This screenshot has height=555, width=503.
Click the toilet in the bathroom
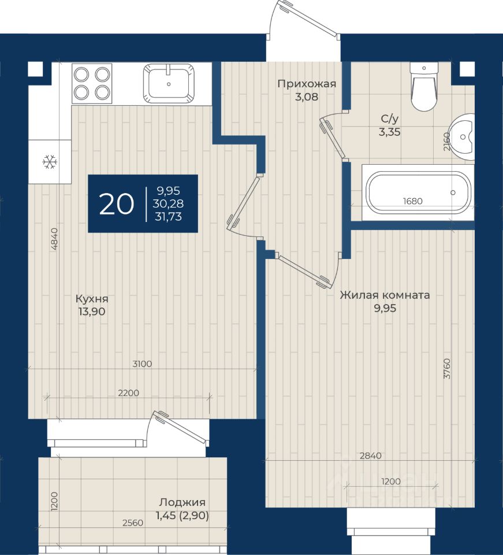424,87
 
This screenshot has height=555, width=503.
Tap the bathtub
418,192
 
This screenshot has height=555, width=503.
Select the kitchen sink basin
169,83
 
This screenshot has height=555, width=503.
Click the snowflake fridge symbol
50,162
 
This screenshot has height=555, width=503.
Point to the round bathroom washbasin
462,136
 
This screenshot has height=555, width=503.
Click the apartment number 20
116,204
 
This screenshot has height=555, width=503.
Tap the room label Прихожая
307,84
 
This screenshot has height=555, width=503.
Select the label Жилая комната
385,295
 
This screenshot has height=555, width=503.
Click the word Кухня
92,299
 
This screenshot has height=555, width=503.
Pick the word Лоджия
182,502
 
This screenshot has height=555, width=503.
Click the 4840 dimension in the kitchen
54,239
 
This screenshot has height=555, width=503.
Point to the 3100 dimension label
141,364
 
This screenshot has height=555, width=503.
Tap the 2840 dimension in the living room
370,456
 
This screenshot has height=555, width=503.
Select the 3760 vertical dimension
448,368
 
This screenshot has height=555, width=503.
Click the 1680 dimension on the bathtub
412,201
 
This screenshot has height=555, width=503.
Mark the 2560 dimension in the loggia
133,523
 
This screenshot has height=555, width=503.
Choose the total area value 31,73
168,216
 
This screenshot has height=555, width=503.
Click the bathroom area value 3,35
390,132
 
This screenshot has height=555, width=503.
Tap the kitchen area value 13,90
92,312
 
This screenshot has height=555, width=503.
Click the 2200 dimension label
128,393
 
